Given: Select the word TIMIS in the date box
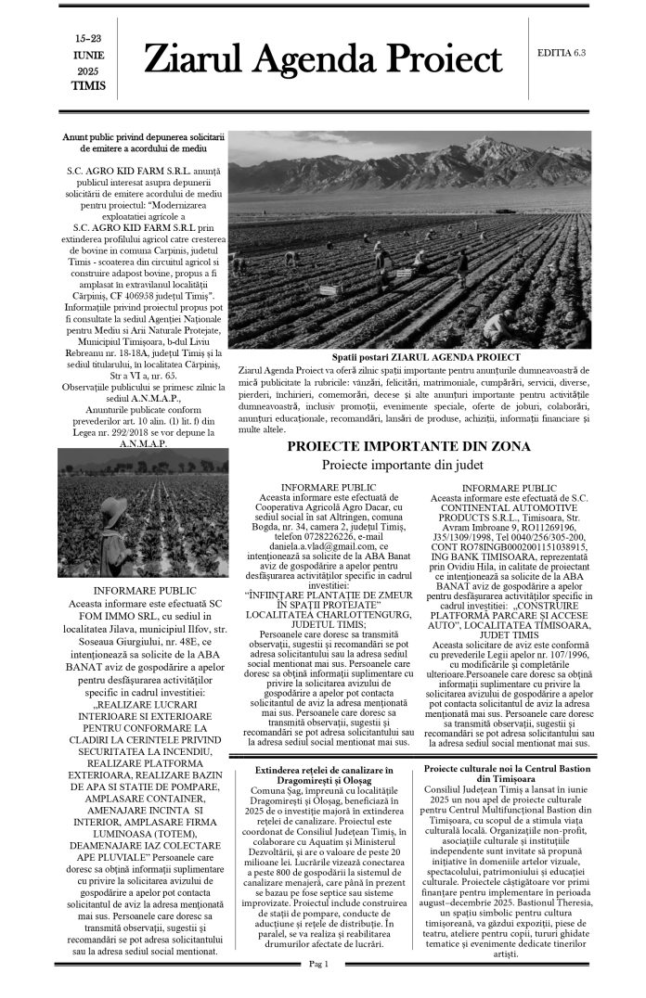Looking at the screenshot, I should pos(88,86).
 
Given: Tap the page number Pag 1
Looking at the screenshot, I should pos(321,965).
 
